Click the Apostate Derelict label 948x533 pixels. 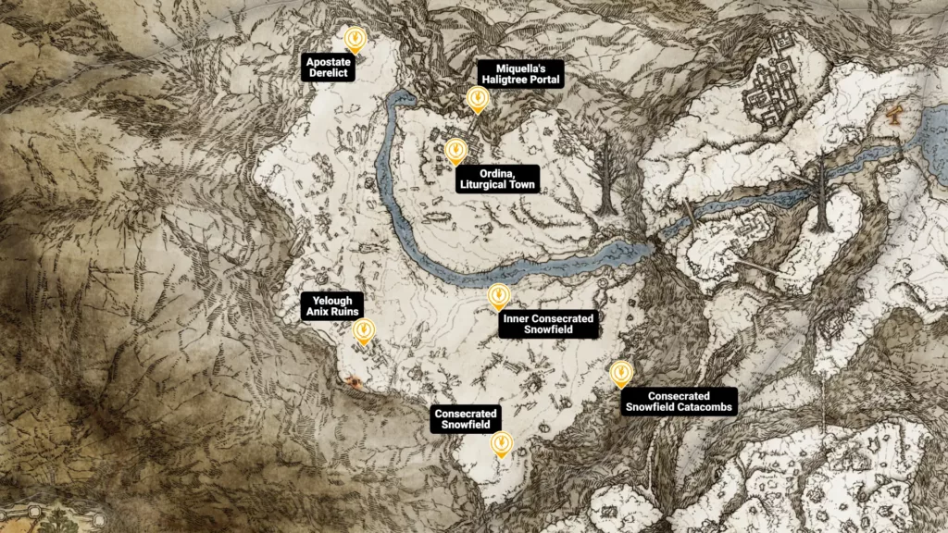[x=329, y=67]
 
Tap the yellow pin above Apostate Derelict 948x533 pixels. [x=355, y=38]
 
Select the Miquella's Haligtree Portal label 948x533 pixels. [x=521, y=74]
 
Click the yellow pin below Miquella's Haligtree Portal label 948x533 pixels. [x=477, y=98]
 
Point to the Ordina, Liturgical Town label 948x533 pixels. [x=497, y=179]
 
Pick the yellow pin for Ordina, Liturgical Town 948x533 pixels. [x=455, y=151]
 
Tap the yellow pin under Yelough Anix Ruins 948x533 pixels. [x=365, y=330]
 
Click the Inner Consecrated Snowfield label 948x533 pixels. [x=547, y=323]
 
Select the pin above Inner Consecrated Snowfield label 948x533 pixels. [x=498, y=295]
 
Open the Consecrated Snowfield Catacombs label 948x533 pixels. [x=679, y=401]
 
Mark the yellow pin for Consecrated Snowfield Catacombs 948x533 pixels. [x=621, y=373]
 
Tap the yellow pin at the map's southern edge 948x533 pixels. [x=501, y=444]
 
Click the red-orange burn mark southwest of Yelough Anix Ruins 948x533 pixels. [x=352, y=381]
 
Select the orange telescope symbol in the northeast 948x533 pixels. [x=893, y=116]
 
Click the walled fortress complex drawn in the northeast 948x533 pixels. [x=773, y=83]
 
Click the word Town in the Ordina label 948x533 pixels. [x=519, y=185]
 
